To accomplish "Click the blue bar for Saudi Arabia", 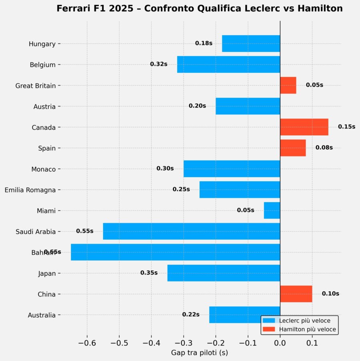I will [x=191, y=231].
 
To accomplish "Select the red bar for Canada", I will [x=304, y=127].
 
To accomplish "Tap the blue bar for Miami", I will [x=272, y=211].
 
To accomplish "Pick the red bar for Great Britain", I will [x=288, y=85].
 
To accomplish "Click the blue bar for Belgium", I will [x=228, y=64].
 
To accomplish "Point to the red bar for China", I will [x=296, y=294].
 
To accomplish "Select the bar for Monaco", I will [x=232, y=169].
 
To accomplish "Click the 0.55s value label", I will [x=85, y=231].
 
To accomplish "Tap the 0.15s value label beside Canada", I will [x=346, y=126].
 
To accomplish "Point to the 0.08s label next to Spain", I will [x=324, y=147].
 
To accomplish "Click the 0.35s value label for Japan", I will [x=149, y=273].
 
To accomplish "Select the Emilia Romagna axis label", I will [x=30, y=190].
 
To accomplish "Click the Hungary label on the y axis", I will [x=42, y=44].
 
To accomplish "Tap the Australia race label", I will [x=42, y=315].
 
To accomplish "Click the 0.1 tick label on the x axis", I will [x=312, y=343].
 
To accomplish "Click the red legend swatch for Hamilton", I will [x=270, y=329].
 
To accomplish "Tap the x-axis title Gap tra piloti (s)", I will [x=200, y=353].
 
